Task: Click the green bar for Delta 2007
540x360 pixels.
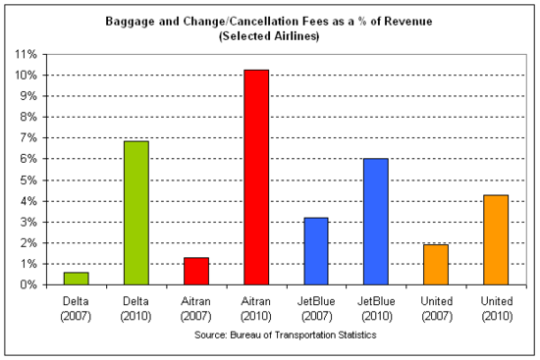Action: point(76,279)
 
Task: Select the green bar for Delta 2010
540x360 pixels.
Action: point(135,213)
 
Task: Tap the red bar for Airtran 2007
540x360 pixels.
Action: point(195,271)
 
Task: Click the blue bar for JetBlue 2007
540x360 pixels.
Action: point(315,251)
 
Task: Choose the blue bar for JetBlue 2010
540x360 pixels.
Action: point(375,222)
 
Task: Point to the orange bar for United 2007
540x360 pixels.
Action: point(435,265)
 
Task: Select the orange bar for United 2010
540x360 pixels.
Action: point(495,239)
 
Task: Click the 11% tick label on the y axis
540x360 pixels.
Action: point(27,54)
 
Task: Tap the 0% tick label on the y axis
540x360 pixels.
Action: point(29,284)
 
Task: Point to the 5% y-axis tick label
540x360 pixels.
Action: point(29,180)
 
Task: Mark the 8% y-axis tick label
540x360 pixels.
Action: point(29,117)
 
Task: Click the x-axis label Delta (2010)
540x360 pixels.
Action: point(135,309)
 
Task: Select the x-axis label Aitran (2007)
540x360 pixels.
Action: point(195,309)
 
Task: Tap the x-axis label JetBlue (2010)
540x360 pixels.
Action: point(375,309)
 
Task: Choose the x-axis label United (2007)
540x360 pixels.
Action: point(435,309)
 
